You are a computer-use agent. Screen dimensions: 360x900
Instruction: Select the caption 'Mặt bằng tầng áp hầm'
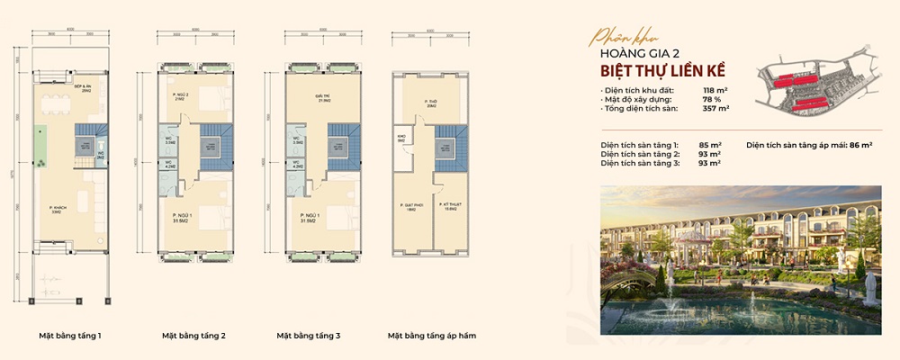click(x=431, y=336)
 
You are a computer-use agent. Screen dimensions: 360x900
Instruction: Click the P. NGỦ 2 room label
click(x=181, y=96)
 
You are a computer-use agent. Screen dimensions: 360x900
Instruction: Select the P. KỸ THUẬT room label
click(x=452, y=207)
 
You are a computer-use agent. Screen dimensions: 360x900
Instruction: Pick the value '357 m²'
click(x=715, y=109)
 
